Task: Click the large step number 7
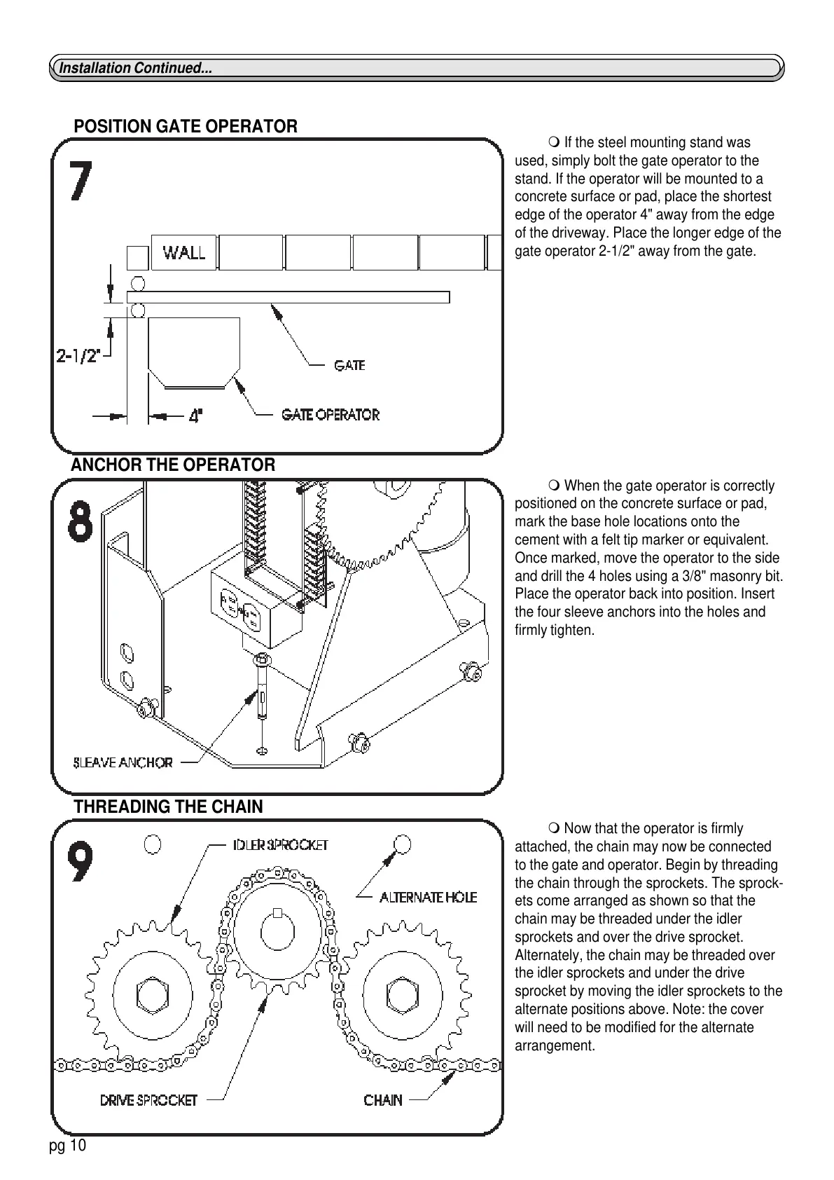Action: [x=81, y=181]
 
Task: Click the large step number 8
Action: [x=81, y=521]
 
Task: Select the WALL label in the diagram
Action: [x=184, y=252]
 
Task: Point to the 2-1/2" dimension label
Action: [x=78, y=357]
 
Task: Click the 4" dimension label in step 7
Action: [x=196, y=416]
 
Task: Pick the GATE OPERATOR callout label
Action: [x=331, y=415]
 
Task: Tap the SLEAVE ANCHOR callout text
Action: [x=123, y=762]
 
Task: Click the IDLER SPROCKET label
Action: [x=280, y=845]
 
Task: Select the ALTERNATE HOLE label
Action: [x=428, y=897]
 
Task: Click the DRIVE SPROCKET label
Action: [x=148, y=1100]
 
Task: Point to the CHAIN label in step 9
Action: [x=383, y=1100]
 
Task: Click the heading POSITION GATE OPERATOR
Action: [x=186, y=127]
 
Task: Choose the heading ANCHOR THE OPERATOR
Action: [x=173, y=465]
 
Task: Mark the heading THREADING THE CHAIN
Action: [x=168, y=807]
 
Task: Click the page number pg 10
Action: [x=67, y=1146]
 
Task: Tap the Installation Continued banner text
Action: [x=135, y=68]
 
